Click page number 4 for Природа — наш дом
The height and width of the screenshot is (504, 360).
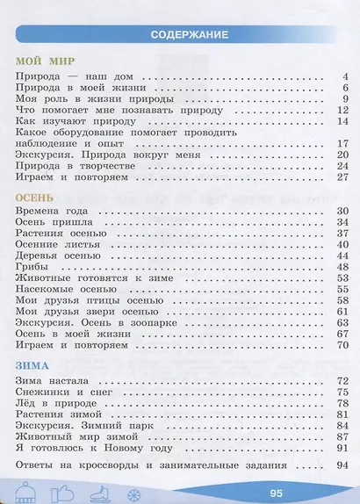click(347, 78)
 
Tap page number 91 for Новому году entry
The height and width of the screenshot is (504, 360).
click(344, 447)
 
